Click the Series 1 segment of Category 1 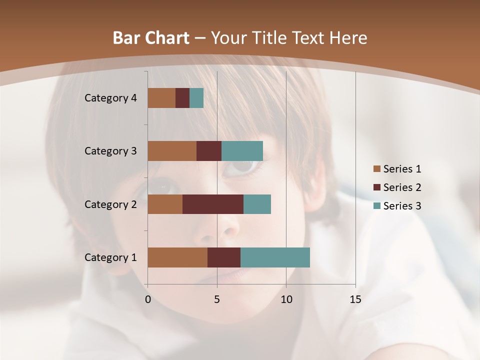[177, 257]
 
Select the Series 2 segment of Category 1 [224, 257]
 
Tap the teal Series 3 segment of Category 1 [275, 257]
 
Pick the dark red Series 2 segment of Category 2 [213, 204]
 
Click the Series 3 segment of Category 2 [257, 204]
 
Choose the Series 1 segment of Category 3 [172, 151]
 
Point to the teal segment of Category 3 [242, 151]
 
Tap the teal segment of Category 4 [196, 98]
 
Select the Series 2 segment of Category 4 [182, 98]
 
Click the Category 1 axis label [110, 257]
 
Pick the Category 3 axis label [110, 151]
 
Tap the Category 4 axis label [110, 98]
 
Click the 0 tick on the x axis [148, 299]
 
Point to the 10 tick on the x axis [286, 299]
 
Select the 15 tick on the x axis [355, 299]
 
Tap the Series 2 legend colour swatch [376, 187]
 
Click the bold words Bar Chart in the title [151, 38]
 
